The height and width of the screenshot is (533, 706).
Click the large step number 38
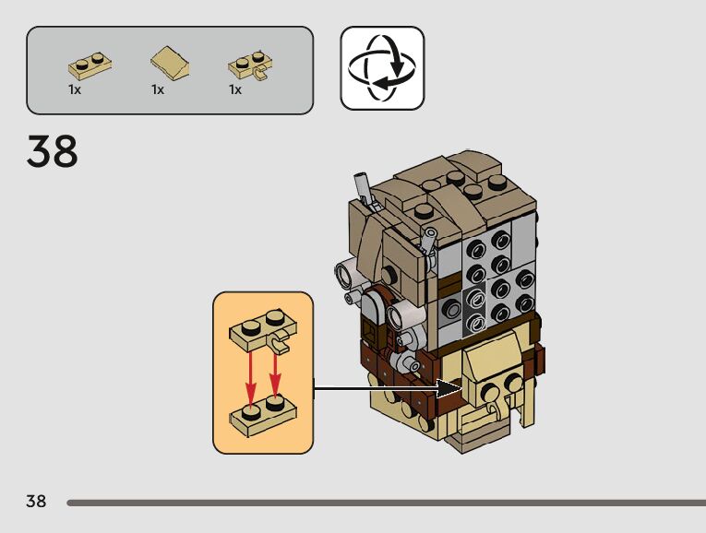(53, 151)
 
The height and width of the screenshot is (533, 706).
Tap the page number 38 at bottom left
(36, 502)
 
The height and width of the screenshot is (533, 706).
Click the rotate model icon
(382, 68)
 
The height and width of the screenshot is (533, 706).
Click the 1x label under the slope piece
(158, 90)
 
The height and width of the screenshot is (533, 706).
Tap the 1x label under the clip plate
(235, 90)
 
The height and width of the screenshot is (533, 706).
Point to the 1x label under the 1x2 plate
(75, 90)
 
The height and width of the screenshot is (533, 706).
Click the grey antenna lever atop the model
(365, 190)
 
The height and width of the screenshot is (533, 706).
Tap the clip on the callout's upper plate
(281, 345)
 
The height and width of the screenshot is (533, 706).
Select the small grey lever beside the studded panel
(429, 242)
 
